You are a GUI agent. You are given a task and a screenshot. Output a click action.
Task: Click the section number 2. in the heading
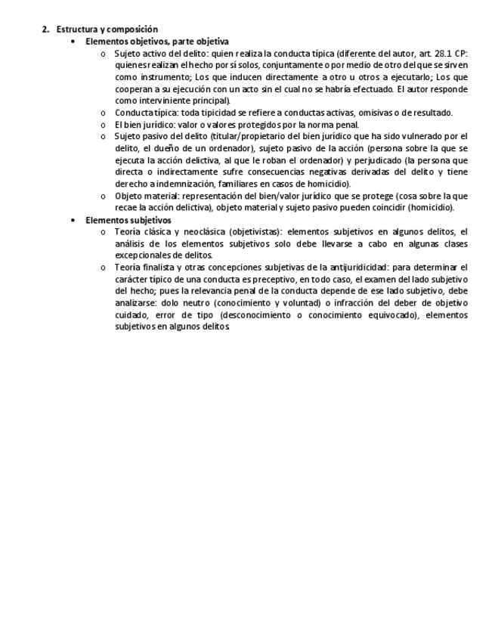pos(45,29)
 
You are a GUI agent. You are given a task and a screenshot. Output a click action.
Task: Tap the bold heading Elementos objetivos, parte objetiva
pos(157,42)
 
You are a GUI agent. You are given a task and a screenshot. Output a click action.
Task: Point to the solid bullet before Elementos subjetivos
pos(73,220)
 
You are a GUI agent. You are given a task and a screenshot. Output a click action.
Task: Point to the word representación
pos(212,196)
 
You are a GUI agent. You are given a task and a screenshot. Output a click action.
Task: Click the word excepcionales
pos(143,255)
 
